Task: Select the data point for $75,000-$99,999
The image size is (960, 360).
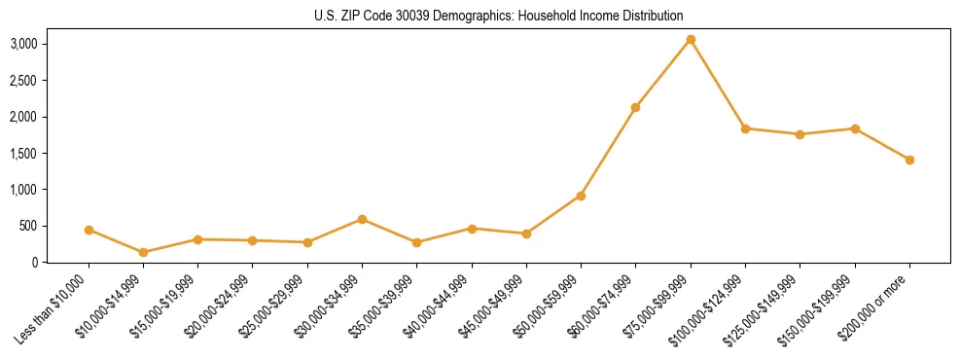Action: click(691, 39)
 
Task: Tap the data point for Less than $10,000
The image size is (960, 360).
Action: click(89, 230)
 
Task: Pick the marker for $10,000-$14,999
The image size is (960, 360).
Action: click(144, 252)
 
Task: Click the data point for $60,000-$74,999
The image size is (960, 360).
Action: click(635, 107)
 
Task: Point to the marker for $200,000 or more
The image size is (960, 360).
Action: click(909, 160)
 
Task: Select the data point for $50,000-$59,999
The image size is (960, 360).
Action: click(581, 196)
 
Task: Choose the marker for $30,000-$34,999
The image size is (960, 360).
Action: click(362, 219)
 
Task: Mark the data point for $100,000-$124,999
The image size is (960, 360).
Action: click(745, 128)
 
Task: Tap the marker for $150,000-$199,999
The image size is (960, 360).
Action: click(855, 128)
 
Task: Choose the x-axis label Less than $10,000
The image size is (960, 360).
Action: click(54, 308)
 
